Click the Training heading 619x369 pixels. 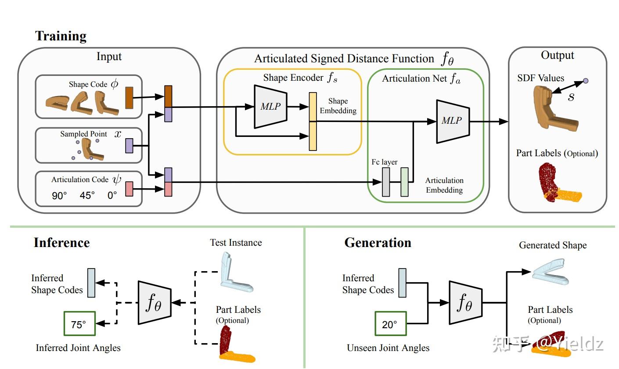coord(61,36)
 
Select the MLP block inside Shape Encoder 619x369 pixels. coord(270,107)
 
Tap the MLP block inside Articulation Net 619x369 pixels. coord(452,121)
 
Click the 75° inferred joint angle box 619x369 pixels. coord(79,324)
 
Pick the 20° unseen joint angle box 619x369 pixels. coord(390,324)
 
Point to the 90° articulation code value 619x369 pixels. coord(59,195)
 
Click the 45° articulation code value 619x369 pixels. coord(87,195)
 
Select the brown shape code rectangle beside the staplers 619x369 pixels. coord(129,97)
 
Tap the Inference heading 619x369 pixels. coord(61,243)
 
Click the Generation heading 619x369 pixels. coord(378,243)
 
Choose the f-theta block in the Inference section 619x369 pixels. coord(155,303)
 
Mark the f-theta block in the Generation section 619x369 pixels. coord(465,303)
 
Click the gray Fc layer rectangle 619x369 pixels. coord(386,182)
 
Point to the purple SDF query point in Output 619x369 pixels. coord(585,81)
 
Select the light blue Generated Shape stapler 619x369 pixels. coord(551,272)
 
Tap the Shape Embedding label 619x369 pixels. coord(338,106)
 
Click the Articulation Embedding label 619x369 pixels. coord(444,185)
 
